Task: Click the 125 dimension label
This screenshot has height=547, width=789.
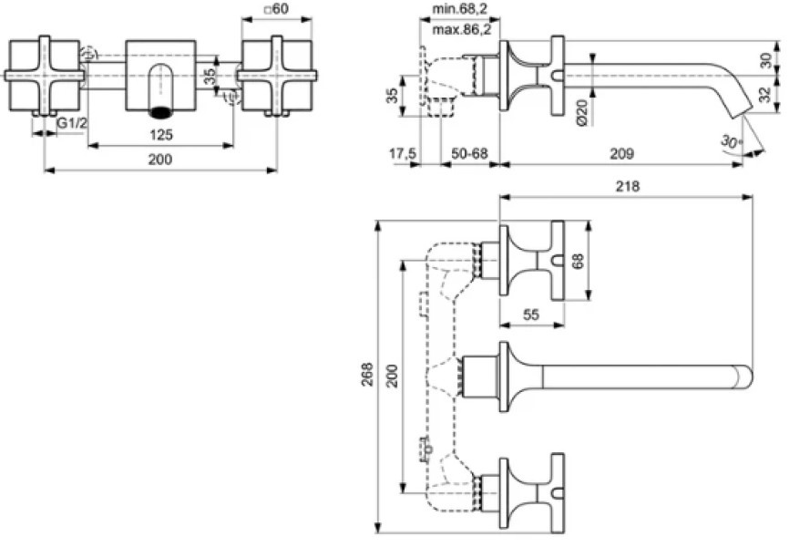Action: [x=161, y=135]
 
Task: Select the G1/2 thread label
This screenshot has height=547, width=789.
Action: [x=71, y=123]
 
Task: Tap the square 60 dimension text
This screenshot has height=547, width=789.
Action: [x=277, y=8]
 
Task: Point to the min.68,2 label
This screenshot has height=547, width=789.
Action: [x=460, y=8]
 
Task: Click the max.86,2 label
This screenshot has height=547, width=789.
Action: [x=461, y=30]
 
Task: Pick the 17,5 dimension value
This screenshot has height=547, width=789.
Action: [x=402, y=153]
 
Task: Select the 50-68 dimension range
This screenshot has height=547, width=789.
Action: [x=469, y=153]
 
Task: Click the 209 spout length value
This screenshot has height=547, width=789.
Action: [x=622, y=153]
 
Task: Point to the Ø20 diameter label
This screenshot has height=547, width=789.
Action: [x=581, y=112]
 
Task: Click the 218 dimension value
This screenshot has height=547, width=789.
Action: [x=628, y=186]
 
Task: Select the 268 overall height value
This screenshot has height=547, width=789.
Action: [x=368, y=375]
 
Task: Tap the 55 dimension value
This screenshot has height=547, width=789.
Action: [x=531, y=315]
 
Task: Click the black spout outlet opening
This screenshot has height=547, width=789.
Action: [x=161, y=112]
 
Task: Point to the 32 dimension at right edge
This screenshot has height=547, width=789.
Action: [x=764, y=94]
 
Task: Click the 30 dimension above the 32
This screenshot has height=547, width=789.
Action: [x=764, y=60]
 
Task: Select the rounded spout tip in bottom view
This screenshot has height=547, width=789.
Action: [x=748, y=377]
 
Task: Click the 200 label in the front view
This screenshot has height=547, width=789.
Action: [x=160, y=160]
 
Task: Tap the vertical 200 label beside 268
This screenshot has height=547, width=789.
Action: [x=392, y=376]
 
